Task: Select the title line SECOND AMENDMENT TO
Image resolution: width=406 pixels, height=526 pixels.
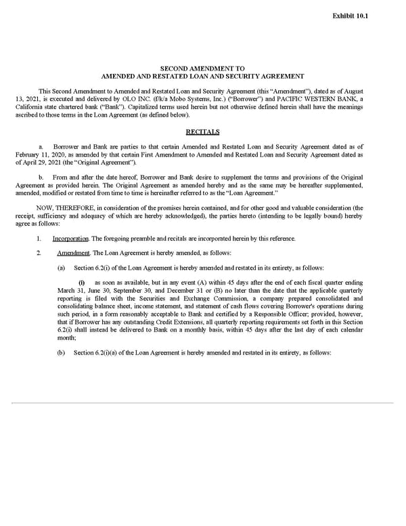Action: click(202, 68)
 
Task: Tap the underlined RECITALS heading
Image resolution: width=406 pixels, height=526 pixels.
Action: click(202, 131)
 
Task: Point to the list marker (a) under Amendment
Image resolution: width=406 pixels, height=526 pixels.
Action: click(62, 266)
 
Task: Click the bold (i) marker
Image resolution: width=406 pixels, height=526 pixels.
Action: click(82, 282)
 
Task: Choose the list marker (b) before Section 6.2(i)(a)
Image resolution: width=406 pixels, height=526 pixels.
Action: click(62, 353)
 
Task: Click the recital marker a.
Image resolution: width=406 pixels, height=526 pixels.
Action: click(41, 146)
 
